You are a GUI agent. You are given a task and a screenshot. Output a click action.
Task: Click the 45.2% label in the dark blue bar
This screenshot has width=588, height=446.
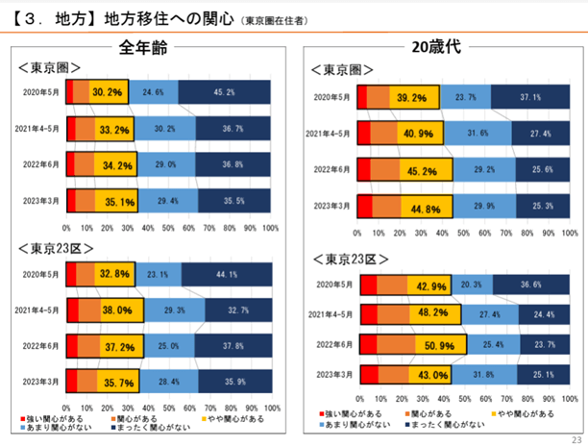tap(224, 92)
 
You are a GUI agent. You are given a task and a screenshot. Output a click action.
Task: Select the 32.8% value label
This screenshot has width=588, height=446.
tap(109, 275)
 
